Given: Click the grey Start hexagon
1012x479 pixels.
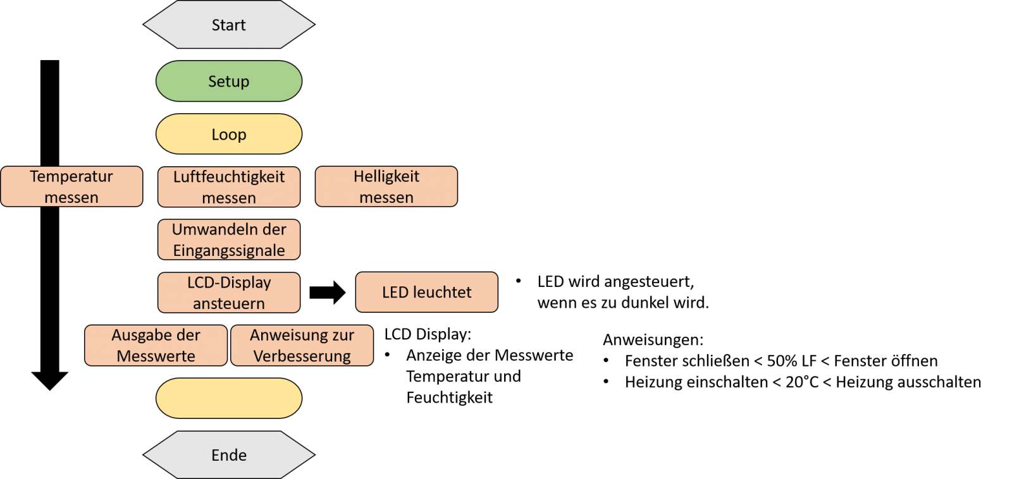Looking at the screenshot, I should coord(229,25).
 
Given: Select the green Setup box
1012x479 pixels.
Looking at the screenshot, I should coord(229,81).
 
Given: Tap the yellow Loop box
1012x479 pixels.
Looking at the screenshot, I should coord(229,134).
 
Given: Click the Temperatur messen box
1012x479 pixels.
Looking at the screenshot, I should coord(71,186).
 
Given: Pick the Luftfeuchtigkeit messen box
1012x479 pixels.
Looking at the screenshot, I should coord(229,186).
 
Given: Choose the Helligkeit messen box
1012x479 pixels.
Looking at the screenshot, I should coord(386,186).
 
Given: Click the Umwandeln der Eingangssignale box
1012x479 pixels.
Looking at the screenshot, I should coord(229,239).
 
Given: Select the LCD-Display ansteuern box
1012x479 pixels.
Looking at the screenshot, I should coord(229,293).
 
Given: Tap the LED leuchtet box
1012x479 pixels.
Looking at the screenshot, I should coord(427,292).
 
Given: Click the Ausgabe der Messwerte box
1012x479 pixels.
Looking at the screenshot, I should coord(156,345).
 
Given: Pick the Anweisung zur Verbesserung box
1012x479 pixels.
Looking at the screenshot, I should coord(302,345).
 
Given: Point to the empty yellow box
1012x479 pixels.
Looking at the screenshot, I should coord(229,398).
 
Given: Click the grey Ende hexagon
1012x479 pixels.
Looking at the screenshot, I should coord(229,455).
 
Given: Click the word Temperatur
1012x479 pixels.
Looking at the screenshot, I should coord(71,176).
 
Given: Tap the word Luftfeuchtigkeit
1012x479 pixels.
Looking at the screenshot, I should coord(229,177).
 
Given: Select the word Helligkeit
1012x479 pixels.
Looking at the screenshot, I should coord(386,176).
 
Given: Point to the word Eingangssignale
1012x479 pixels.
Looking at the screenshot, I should coord(229,251).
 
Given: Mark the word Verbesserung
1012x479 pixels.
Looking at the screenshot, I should coord(302,356).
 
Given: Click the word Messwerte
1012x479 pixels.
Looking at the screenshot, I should coord(156,356).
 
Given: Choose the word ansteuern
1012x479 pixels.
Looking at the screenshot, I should coord(229,304).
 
